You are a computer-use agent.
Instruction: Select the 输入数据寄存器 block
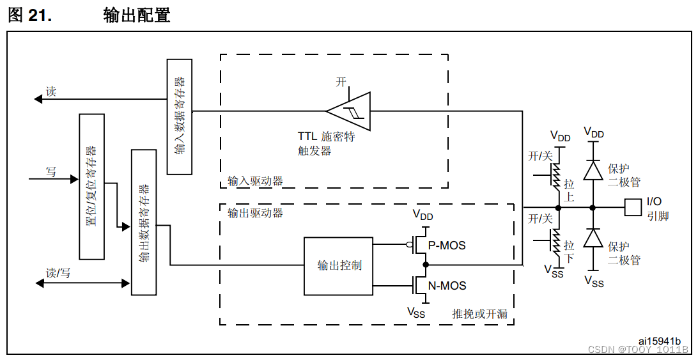click(x=180, y=116)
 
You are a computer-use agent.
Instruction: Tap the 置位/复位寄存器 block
click(x=91, y=187)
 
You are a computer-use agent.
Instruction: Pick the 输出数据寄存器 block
click(x=144, y=222)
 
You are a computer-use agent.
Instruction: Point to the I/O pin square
click(x=633, y=207)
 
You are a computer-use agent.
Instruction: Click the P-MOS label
click(x=447, y=246)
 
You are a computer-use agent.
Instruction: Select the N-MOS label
click(x=447, y=286)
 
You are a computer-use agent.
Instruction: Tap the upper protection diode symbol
click(x=594, y=171)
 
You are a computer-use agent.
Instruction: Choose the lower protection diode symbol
click(x=594, y=238)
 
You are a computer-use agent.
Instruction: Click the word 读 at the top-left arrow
click(x=50, y=91)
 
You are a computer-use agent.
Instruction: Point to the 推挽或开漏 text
click(x=479, y=313)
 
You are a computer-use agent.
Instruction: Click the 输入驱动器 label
click(x=255, y=181)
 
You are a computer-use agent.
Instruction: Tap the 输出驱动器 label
click(x=255, y=213)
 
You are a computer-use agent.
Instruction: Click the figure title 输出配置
click(x=137, y=16)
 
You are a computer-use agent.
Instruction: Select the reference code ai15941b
click(x=659, y=341)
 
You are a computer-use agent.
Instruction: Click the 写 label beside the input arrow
click(x=50, y=171)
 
